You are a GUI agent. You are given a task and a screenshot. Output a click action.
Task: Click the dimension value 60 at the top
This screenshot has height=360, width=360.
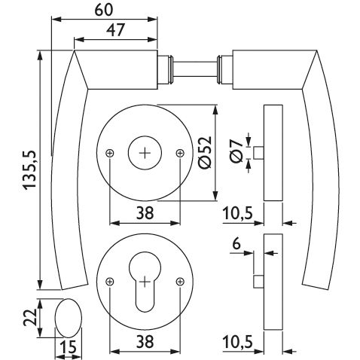[x=104, y=10]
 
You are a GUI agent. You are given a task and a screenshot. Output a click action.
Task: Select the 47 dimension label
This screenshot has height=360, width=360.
[x=115, y=30]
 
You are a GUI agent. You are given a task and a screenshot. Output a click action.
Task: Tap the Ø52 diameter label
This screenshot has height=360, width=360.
[x=205, y=152]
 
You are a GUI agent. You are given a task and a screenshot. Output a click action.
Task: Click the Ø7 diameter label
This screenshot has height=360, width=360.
[x=236, y=151]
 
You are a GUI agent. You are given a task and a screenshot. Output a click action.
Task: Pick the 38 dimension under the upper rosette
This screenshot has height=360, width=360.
[x=145, y=213]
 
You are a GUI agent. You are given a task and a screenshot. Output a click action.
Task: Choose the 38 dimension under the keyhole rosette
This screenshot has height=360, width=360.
[x=145, y=342]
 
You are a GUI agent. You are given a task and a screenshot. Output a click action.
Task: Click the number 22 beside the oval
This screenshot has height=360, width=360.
[x=30, y=317]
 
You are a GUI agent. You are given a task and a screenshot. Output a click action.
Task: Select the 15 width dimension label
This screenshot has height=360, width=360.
[x=68, y=347]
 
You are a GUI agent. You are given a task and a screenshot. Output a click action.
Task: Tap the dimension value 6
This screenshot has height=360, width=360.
[x=236, y=244]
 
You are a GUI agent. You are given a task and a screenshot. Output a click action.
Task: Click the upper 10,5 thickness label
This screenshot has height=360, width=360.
[x=237, y=214]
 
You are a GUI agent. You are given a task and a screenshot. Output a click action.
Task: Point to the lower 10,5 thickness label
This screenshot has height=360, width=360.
[x=237, y=343]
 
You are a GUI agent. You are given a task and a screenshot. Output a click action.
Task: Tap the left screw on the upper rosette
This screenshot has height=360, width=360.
[x=110, y=153]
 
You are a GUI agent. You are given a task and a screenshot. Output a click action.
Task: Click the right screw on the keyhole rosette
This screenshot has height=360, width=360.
[x=180, y=282]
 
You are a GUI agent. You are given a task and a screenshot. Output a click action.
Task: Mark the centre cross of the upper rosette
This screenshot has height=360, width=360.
[x=145, y=153]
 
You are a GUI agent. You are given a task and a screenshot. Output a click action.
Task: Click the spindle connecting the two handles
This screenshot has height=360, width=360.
[x=194, y=69]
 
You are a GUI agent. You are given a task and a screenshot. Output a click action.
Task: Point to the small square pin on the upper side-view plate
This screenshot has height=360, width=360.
[x=258, y=153]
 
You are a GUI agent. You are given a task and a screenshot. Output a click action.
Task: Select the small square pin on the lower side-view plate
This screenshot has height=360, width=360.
[x=258, y=281]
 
